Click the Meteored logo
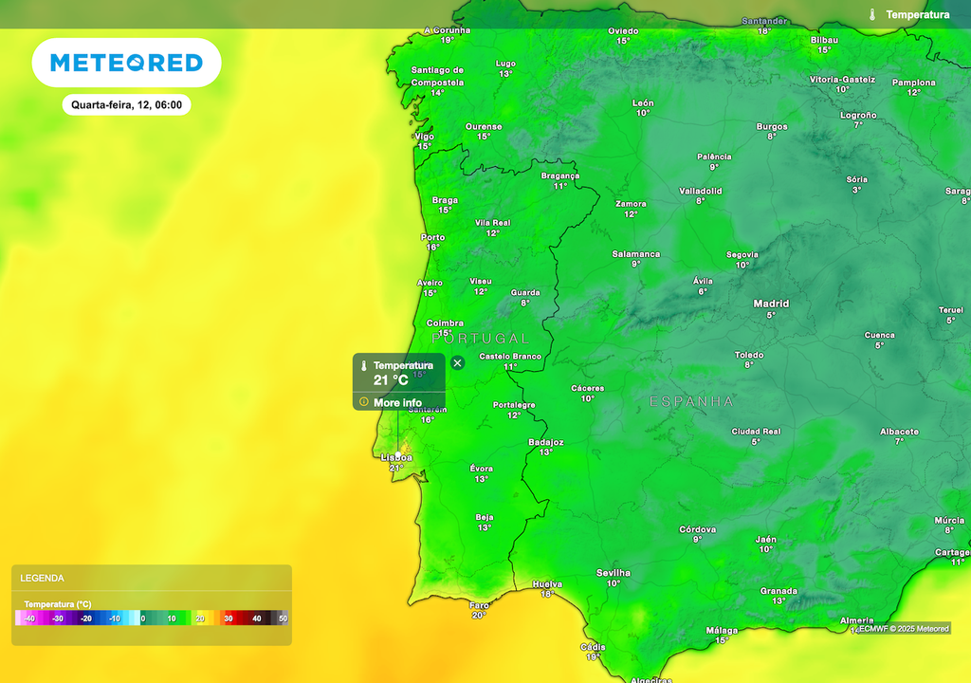click(126, 63)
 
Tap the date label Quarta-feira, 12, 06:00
click(126, 105)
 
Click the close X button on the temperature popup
click(457, 362)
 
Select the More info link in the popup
click(397, 402)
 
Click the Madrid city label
click(771, 304)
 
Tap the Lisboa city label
click(396, 457)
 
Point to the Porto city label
click(432, 237)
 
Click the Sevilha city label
click(614, 573)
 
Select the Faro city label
click(479, 604)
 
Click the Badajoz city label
click(545, 442)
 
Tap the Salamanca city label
click(635, 254)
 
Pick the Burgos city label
click(772, 126)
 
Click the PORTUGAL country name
click(480, 338)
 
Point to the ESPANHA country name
click(691, 401)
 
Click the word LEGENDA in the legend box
click(43, 578)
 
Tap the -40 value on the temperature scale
click(29, 618)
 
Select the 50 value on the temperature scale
click(283, 618)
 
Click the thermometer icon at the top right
click(872, 14)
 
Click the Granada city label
click(779, 591)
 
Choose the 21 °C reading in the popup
click(391, 380)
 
